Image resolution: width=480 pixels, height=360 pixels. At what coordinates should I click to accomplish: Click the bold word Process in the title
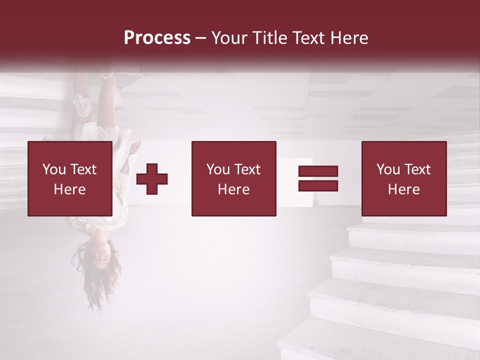tap(157, 38)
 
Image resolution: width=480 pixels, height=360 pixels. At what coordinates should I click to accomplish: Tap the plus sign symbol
tap(152, 179)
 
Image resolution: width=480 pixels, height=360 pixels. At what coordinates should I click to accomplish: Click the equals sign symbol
tap(318, 178)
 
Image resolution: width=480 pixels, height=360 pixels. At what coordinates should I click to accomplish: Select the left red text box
tap(69, 178)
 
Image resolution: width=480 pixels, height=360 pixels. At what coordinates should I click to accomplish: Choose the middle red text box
tap(233, 178)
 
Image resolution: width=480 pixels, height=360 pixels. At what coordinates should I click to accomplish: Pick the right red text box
tap(403, 178)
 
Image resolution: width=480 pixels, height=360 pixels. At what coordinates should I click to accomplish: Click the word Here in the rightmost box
tap(403, 189)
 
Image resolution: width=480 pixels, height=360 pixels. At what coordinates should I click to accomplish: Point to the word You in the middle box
tap(218, 169)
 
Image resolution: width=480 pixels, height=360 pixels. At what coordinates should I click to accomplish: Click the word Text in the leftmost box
tap(83, 169)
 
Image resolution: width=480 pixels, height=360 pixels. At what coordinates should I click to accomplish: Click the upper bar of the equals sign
tap(318, 171)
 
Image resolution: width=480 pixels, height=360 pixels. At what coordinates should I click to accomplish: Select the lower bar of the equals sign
tap(318, 185)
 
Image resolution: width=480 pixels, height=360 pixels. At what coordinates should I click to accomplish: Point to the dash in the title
tap(200, 38)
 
